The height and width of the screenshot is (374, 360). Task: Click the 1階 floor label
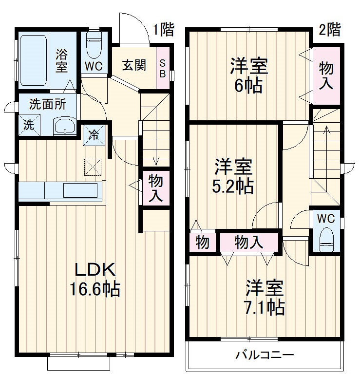163,30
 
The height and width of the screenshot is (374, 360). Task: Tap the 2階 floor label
330,30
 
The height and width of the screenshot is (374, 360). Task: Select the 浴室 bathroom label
61,60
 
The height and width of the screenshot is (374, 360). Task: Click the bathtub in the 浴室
34,60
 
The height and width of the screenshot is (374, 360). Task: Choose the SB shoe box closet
163,68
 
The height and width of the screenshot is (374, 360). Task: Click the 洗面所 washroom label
46,103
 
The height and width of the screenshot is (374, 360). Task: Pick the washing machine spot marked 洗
29,125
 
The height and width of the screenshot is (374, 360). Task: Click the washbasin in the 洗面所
64,127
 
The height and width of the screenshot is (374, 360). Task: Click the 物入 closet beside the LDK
155,188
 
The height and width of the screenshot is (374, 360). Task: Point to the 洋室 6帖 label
249,75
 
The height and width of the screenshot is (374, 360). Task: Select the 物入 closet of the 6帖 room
326,75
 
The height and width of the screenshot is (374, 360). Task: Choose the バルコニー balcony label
265,355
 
